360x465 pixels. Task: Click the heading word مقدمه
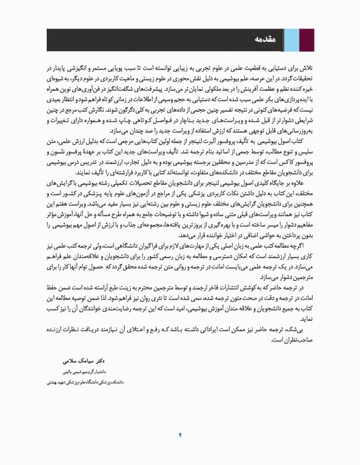coord(267,40)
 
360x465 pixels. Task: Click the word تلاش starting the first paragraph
coord(307,70)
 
